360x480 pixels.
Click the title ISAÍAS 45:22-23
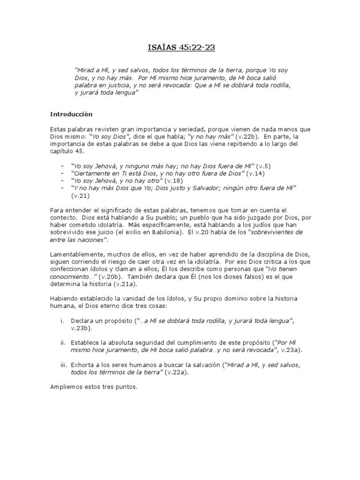tap(180, 47)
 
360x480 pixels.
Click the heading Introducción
tap(71, 114)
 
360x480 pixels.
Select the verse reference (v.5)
tap(263, 166)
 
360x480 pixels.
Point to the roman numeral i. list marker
tap(62, 321)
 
